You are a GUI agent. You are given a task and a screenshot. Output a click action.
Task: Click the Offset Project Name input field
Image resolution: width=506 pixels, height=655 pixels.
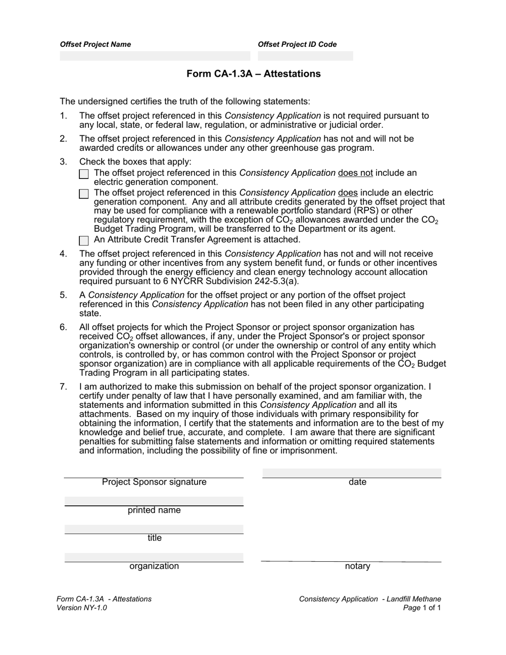click(x=154, y=56)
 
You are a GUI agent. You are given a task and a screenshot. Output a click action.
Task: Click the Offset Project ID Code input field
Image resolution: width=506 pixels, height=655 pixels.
click(x=305, y=56)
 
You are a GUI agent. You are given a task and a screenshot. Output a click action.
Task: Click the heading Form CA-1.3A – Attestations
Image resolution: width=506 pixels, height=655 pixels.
click(x=254, y=74)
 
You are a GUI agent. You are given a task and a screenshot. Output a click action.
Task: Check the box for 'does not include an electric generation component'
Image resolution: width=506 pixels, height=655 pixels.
click(x=84, y=174)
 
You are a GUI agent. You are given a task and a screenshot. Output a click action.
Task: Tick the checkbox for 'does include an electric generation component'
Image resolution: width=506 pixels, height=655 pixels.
click(x=84, y=194)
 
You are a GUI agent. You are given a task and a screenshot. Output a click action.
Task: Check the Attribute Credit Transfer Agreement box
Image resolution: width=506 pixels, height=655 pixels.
click(x=84, y=241)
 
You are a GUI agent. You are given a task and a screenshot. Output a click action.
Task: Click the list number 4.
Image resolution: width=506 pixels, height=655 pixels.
click(x=63, y=254)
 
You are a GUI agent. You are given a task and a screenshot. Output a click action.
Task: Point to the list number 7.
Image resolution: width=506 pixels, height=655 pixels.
click(x=63, y=387)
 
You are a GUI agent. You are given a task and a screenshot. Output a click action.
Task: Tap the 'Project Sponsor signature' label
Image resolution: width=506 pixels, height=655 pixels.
click(x=154, y=482)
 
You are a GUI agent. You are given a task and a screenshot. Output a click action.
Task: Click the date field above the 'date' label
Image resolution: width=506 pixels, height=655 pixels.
click(x=352, y=473)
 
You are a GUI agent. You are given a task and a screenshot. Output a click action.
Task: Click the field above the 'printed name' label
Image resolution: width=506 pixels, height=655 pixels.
click(x=154, y=501)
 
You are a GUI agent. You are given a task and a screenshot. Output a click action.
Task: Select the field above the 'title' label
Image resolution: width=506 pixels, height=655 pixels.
click(x=154, y=529)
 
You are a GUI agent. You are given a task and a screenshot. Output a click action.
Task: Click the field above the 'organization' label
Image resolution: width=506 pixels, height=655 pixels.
click(x=154, y=557)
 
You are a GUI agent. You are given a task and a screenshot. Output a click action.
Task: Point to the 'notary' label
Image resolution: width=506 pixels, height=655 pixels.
click(x=357, y=567)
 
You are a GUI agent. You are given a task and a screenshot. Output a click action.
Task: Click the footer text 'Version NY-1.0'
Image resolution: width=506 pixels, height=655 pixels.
click(x=81, y=608)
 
